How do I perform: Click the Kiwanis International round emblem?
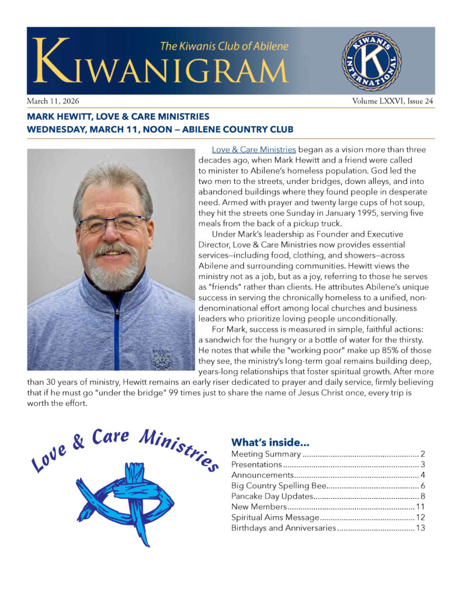pyautogui.click(x=371, y=61)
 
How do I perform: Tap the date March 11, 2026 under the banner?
pyautogui.click(x=51, y=101)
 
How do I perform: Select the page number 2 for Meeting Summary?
pyautogui.click(x=422, y=454)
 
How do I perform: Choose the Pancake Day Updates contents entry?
pyautogui.click(x=272, y=496)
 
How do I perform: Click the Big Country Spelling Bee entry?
pyautogui.click(x=277, y=486)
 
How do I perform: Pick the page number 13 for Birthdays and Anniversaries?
pyautogui.click(x=419, y=528)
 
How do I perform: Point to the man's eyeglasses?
pyautogui.click(x=114, y=223)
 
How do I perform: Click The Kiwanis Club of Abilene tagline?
pyautogui.click(x=224, y=46)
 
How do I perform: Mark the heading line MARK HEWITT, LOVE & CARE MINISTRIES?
pyautogui.click(x=118, y=117)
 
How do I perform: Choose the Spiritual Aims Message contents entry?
pyautogui.click(x=275, y=517)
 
